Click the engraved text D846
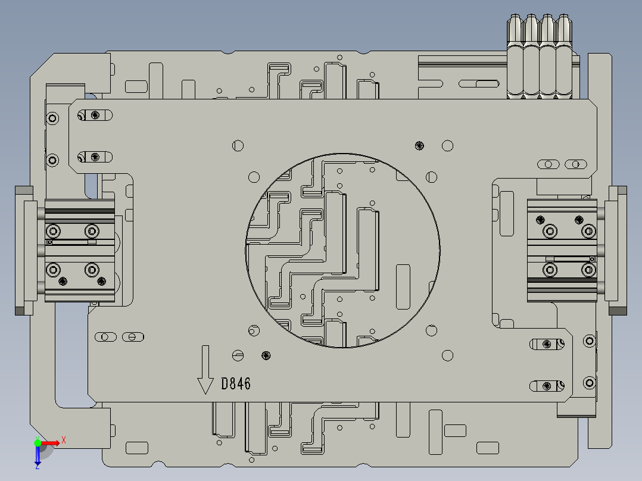[236, 384]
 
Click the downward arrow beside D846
[205, 370]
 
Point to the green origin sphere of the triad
[38, 442]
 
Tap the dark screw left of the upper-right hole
[420, 145]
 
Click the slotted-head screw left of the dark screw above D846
[238, 355]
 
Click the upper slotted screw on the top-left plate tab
[95, 115]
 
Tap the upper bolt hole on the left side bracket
[53, 118]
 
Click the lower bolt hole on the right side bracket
[589, 382]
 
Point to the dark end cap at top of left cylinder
[24, 190]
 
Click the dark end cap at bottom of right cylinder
[618, 310]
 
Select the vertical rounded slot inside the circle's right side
[403, 287]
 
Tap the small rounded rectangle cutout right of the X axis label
[137, 448]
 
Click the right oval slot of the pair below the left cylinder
[133, 337]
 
